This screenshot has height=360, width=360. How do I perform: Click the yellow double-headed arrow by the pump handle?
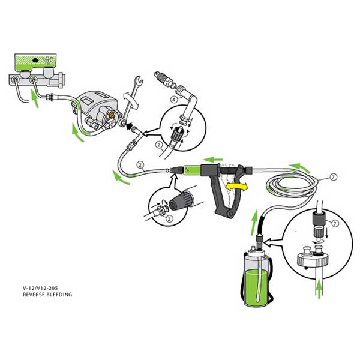point(236,187)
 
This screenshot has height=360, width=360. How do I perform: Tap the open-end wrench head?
point(138,81)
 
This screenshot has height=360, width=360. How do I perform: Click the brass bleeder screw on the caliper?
point(112,114)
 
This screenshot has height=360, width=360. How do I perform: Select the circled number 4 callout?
point(174,100)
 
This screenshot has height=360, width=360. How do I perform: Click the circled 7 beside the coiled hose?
point(334,177)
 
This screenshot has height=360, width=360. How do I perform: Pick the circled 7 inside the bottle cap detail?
point(335,223)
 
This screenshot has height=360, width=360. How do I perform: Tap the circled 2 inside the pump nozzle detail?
point(169,218)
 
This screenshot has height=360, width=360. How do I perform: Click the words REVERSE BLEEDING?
point(47,295)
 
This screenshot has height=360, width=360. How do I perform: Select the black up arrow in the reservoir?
point(35,60)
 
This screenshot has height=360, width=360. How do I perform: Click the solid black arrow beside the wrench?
point(129,126)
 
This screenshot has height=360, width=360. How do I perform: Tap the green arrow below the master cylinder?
point(34,99)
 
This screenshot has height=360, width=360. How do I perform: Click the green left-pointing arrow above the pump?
point(212,159)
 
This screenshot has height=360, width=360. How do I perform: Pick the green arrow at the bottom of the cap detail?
point(319,290)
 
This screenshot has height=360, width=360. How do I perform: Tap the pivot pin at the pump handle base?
point(230,214)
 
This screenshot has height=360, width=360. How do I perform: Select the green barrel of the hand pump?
point(192,170)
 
